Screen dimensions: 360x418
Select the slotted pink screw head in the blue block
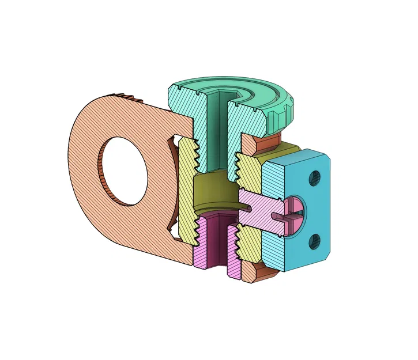click(x=295, y=210)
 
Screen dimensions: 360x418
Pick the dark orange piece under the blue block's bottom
click(x=272, y=277)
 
